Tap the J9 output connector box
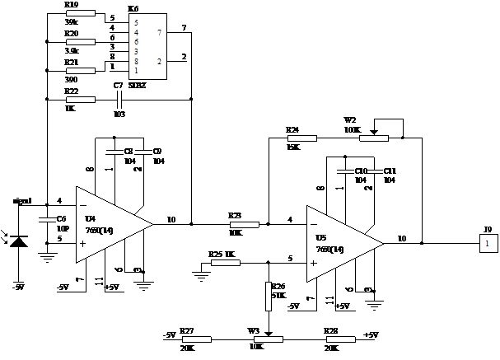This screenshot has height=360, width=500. coord(488,244)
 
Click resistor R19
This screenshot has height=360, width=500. coord(81,16)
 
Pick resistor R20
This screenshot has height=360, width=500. coord(81,43)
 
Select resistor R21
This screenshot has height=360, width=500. coord(81,70)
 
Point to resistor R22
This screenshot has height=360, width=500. coord(81,99)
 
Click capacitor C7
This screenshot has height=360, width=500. coord(119,99)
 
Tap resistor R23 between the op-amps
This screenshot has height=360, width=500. coord(244,223)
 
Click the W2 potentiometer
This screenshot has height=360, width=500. coord(373,138)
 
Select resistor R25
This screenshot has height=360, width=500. coord(226,263)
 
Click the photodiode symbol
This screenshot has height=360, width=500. coord(20,241)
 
